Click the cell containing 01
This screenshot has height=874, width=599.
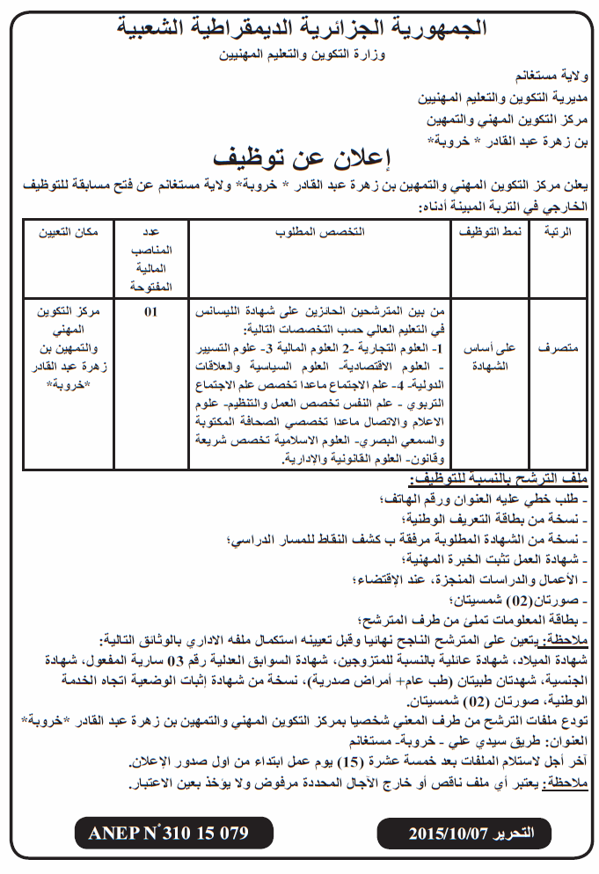coord(151,311)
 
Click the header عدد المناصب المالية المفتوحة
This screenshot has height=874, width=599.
coord(151,259)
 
